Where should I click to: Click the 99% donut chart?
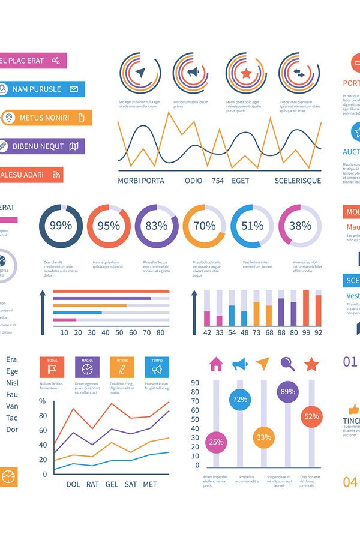pyautogui.click(x=61, y=226)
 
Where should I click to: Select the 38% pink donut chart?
pyautogui.click(x=300, y=226)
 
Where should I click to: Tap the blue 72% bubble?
pyautogui.click(x=240, y=399)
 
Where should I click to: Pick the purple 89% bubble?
pyautogui.click(x=287, y=392)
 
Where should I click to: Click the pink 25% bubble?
pyautogui.click(x=216, y=442)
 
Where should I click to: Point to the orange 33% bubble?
pyautogui.click(x=263, y=437)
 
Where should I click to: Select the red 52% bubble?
pyautogui.click(x=311, y=416)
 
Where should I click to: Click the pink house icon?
pyautogui.click(x=216, y=364)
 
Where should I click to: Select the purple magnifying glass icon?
pyautogui.click(x=287, y=364)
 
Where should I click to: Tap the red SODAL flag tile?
pyautogui.click(x=52, y=367)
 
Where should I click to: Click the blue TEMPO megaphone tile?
pyautogui.click(x=157, y=367)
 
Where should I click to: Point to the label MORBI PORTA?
pyautogui.click(x=141, y=181)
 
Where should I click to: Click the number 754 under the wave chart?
pyautogui.click(x=218, y=181)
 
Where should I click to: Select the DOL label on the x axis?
pyautogui.click(x=73, y=484)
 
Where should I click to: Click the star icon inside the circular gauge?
pyautogui.click(x=245, y=73)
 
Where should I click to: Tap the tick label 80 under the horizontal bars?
pyautogui.click(x=160, y=332)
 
